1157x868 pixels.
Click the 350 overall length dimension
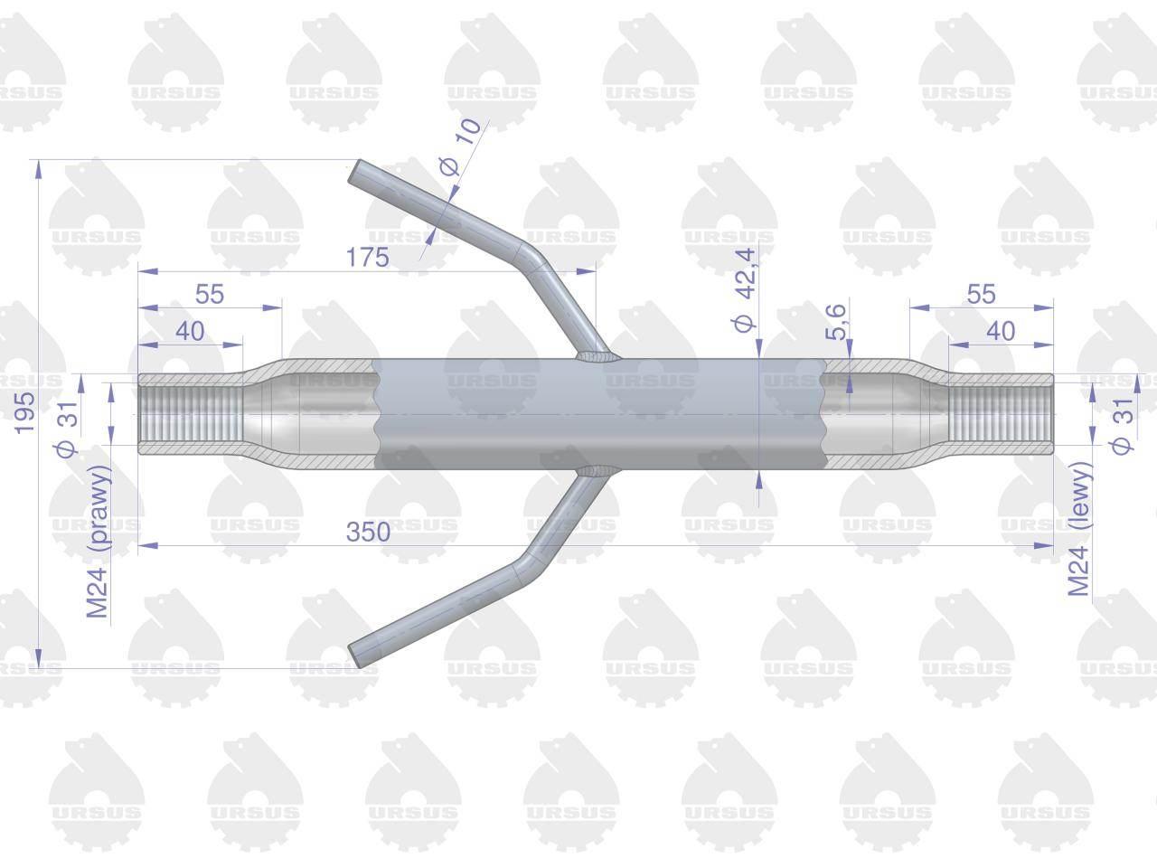tap(368, 532)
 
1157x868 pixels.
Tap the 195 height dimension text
tap(24, 413)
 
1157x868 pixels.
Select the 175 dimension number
tap(367, 257)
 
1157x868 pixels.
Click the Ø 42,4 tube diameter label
tap(745, 290)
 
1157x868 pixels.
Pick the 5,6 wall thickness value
tap(835, 322)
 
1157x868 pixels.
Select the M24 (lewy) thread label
tap(1078, 529)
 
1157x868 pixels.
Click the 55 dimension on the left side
tap(210, 294)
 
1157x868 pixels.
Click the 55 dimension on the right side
tap(981, 294)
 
